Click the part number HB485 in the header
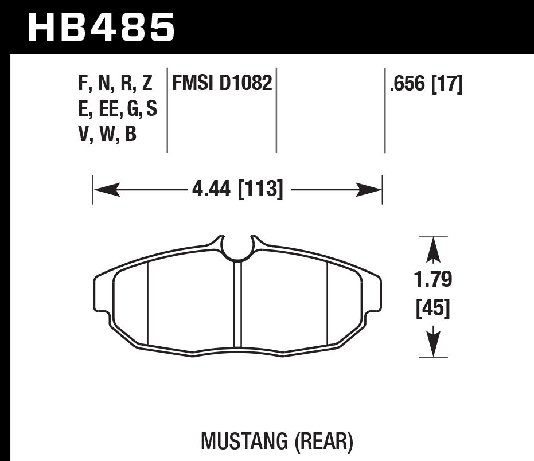click(x=101, y=28)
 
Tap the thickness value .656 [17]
click(x=426, y=85)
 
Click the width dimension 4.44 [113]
click(x=237, y=189)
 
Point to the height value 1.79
click(x=433, y=280)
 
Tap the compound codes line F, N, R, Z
click(x=115, y=85)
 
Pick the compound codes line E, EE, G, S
click(x=117, y=109)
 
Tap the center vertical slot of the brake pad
click(x=237, y=304)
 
